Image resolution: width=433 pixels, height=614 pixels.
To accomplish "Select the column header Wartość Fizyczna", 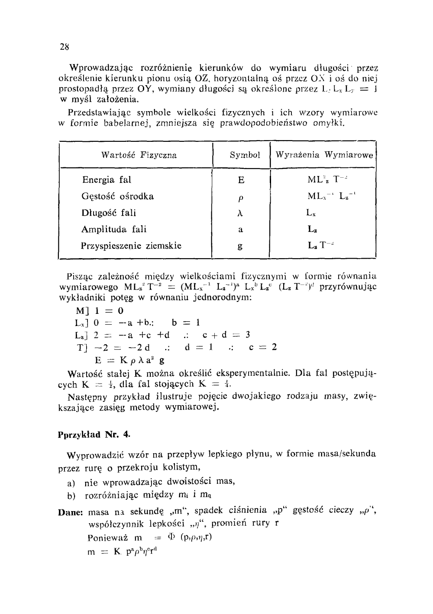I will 139,155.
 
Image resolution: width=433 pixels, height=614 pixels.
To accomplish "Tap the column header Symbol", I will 245,155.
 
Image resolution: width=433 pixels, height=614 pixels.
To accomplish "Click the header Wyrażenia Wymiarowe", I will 324,155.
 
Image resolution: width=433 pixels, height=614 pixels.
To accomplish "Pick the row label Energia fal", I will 107,180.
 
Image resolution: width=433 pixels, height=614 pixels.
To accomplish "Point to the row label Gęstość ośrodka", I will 118,196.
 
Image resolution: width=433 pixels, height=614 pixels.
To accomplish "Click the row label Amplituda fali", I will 114,229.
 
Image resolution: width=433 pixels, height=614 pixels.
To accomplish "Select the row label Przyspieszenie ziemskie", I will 131,246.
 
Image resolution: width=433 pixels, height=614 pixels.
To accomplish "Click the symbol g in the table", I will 240,246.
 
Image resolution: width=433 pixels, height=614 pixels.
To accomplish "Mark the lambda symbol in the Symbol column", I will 240,213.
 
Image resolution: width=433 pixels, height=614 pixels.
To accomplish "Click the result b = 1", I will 185,323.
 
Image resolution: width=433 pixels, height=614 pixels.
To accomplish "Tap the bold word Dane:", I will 70,512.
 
